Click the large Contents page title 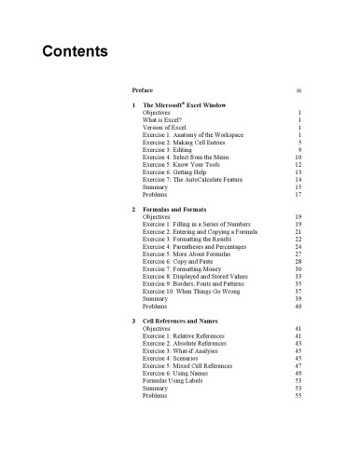click(76, 50)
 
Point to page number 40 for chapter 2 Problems click(297, 318)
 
